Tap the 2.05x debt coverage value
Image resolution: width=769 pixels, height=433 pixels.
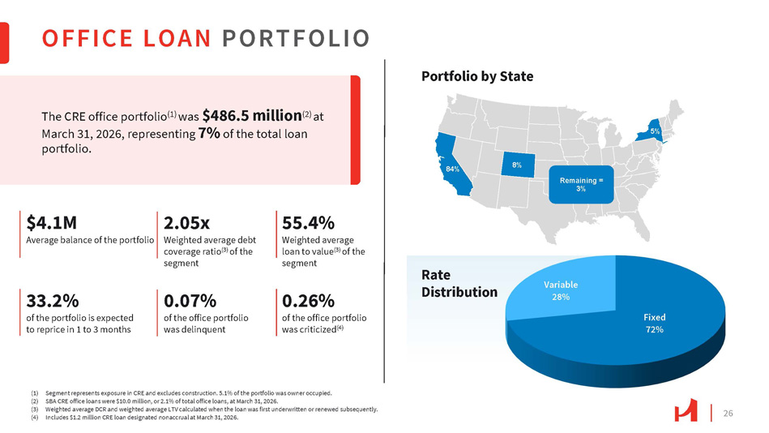[x=187, y=222]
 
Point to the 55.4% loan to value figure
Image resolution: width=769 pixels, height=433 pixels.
[x=308, y=222]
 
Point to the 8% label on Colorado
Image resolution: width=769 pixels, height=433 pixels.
[x=516, y=165]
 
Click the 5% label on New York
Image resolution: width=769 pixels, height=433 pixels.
[x=654, y=131]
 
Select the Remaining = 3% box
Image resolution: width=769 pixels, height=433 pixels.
[x=581, y=183]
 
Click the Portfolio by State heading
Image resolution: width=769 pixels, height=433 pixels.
[x=477, y=76]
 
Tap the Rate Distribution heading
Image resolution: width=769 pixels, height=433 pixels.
[x=459, y=283]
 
